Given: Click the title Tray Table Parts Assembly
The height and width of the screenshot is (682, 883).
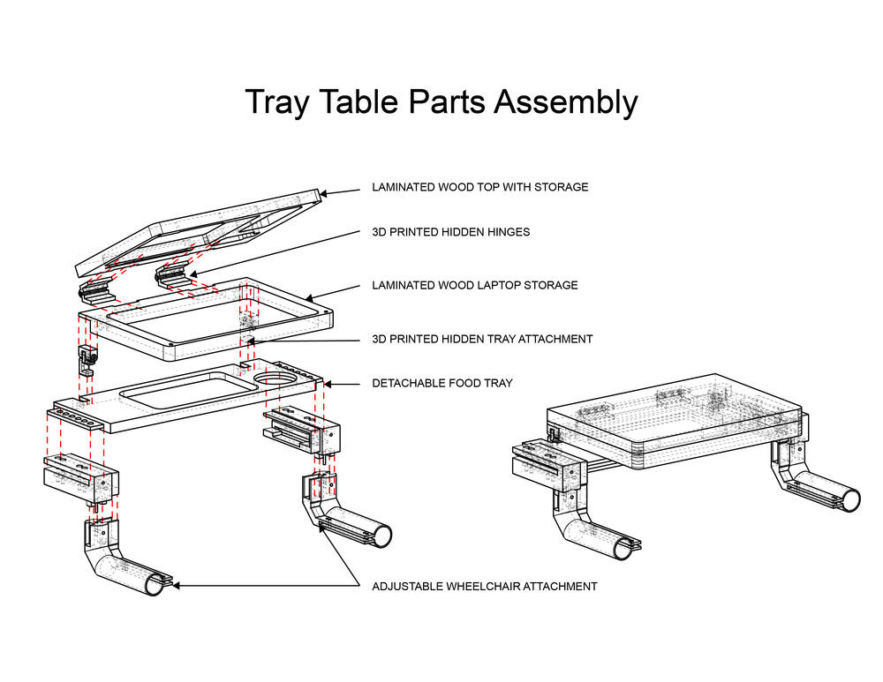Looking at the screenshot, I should pos(441,102).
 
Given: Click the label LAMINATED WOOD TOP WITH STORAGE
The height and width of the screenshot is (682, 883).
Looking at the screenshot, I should pos(479,187).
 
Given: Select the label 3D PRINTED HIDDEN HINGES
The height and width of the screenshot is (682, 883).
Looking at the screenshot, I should pos(450,232).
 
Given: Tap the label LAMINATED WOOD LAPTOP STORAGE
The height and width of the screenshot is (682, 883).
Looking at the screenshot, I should pos(474,285).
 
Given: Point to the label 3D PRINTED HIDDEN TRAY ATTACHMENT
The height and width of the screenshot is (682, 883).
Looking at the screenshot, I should pos(482,339).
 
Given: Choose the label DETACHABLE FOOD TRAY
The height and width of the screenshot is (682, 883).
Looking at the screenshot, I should pos(441,384).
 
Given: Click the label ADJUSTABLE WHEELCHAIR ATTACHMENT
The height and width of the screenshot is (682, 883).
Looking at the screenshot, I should pos(484,586).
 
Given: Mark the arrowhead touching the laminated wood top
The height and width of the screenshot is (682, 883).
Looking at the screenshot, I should pos(324,191).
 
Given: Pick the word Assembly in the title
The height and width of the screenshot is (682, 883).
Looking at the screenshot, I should pos(565,102).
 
